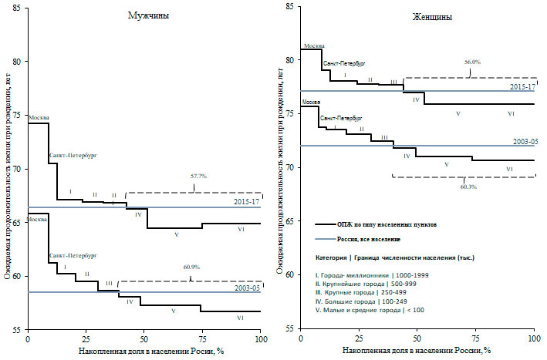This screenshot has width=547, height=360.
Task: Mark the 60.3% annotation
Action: pyautogui.click(x=468, y=187)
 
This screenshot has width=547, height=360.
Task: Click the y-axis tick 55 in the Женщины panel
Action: pyautogui.click(x=289, y=329)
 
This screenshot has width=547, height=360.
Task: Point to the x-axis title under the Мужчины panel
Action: pyautogui.click(x=145, y=352)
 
